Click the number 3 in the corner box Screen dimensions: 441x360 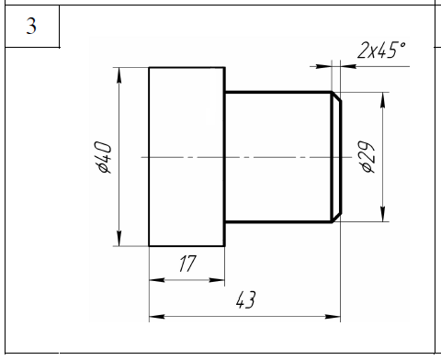tap(31, 26)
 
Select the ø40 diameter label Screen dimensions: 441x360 tap(104, 157)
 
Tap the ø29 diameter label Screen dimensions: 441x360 tap(367, 157)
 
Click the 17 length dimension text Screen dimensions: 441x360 tap(187, 264)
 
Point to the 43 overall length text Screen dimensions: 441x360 tap(245, 299)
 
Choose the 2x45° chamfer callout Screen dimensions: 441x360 tap(382, 50)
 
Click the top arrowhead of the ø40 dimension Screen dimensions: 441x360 tap(119, 75)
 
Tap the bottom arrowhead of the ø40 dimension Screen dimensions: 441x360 tap(119, 238)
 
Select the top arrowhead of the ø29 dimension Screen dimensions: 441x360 tap(382, 100)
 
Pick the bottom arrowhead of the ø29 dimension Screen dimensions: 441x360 tap(382, 214)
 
